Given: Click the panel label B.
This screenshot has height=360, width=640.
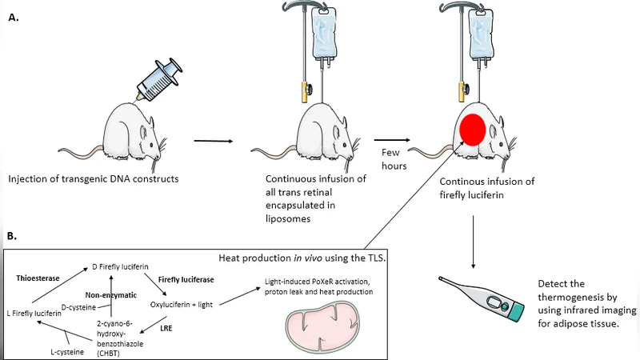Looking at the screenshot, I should tap(14, 236).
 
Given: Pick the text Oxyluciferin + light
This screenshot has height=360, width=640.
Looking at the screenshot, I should tap(181, 304).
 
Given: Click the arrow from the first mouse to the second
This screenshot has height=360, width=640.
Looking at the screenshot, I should tap(213, 142).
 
